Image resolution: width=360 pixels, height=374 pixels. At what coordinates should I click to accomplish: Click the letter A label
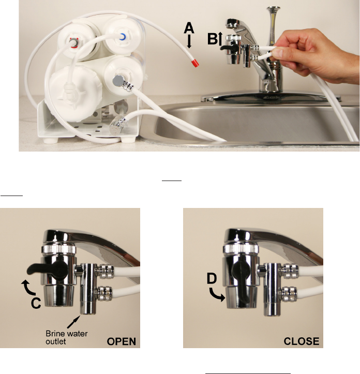pyautogui.click(x=189, y=27)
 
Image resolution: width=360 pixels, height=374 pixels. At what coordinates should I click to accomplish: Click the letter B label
pyautogui.click(x=212, y=39)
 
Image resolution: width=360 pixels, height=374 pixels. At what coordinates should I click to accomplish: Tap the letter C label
pyautogui.click(x=36, y=303)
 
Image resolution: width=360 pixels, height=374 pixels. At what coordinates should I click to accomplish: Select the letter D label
pyautogui.click(x=212, y=278)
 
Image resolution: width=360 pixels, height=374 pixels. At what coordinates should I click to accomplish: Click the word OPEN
pyautogui.click(x=122, y=341)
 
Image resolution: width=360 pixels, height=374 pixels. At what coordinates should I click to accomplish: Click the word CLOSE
pyautogui.click(x=302, y=341)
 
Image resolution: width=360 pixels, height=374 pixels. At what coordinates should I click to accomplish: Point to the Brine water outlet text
pyautogui.click(x=67, y=337)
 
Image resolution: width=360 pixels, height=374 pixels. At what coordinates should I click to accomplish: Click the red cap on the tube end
pyautogui.click(x=195, y=64)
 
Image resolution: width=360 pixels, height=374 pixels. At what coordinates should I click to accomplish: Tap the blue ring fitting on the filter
pyautogui.click(x=123, y=37)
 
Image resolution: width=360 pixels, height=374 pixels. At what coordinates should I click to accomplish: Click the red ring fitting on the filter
pyautogui.click(x=74, y=42)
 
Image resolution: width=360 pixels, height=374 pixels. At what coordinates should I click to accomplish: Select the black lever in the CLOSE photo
pyautogui.click(x=241, y=281)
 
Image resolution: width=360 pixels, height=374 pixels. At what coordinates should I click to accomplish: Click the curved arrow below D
pyautogui.click(x=217, y=294)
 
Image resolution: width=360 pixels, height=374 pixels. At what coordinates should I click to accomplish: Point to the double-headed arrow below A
pyautogui.click(x=189, y=41)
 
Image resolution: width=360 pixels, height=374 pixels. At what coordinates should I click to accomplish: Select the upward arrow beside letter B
pyautogui.click(x=220, y=39)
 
